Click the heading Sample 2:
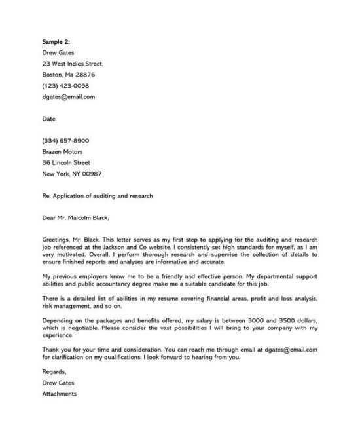click(x=56, y=42)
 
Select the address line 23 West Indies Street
click(x=73, y=64)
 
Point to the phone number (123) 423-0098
click(x=65, y=86)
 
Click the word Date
click(x=49, y=119)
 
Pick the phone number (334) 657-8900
click(x=65, y=141)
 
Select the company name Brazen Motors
click(x=62, y=152)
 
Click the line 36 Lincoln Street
click(x=66, y=162)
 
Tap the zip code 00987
click(x=90, y=174)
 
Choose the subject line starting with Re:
click(x=98, y=196)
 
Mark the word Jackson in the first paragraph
click(x=120, y=248)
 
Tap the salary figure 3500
click(x=289, y=319)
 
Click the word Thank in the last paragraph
click(x=51, y=349)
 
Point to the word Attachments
click(x=60, y=394)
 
